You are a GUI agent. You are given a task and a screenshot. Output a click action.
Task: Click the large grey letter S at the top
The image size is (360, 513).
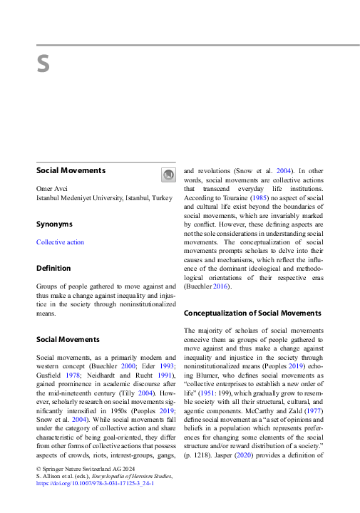(43, 65)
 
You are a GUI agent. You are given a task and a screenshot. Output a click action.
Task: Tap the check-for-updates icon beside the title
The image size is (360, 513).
(168, 175)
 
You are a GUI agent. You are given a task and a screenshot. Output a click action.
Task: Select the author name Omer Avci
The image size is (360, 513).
(51, 187)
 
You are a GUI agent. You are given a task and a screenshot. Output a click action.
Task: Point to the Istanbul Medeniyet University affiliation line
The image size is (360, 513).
(104, 197)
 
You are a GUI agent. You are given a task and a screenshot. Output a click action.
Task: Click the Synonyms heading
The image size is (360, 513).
(54, 224)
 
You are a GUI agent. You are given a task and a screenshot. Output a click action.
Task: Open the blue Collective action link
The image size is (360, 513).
(60, 242)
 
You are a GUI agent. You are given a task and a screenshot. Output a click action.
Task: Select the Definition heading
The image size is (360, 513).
(53, 269)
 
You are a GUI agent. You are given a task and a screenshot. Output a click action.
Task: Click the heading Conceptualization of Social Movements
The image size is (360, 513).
(252, 313)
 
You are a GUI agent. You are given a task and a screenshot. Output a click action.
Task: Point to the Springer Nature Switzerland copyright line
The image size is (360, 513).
(84, 468)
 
